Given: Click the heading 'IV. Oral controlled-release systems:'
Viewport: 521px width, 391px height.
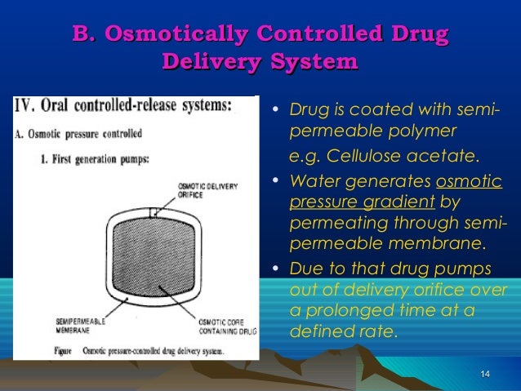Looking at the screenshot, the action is point(123,106).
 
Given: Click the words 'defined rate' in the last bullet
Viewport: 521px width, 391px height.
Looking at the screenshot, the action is point(342,331).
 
